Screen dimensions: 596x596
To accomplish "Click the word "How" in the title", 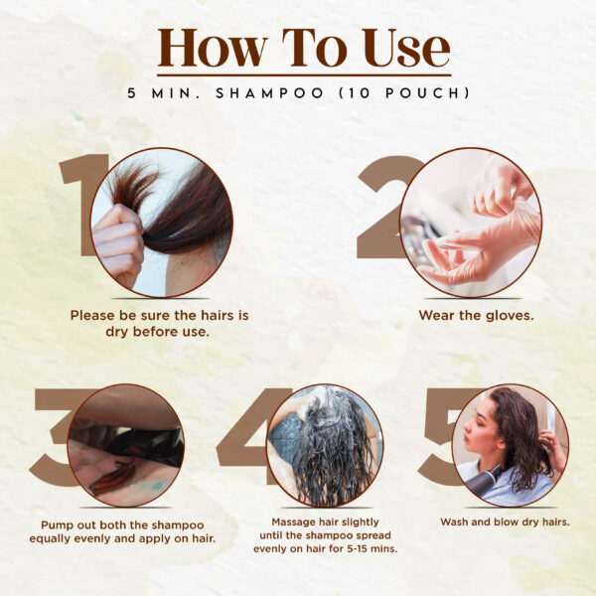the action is pyautogui.click(x=212, y=49).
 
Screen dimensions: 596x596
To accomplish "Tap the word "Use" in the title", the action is pyautogui.click(x=406, y=49).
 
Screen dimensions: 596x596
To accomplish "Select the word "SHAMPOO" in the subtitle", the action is pyautogui.click(x=269, y=93).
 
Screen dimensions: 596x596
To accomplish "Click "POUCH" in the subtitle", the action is pyautogui.click(x=422, y=93).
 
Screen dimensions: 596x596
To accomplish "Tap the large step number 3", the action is pyautogui.click(x=55, y=437).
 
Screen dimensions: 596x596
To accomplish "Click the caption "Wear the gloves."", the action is pyautogui.click(x=476, y=315).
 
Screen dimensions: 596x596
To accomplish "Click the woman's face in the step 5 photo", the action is pyautogui.click(x=479, y=429).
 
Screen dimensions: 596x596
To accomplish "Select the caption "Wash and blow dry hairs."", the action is pyautogui.click(x=505, y=521).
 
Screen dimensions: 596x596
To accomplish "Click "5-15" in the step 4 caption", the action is pyautogui.click(x=360, y=549).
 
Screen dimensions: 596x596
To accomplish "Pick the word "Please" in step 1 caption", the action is pyautogui.click(x=92, y=315).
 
